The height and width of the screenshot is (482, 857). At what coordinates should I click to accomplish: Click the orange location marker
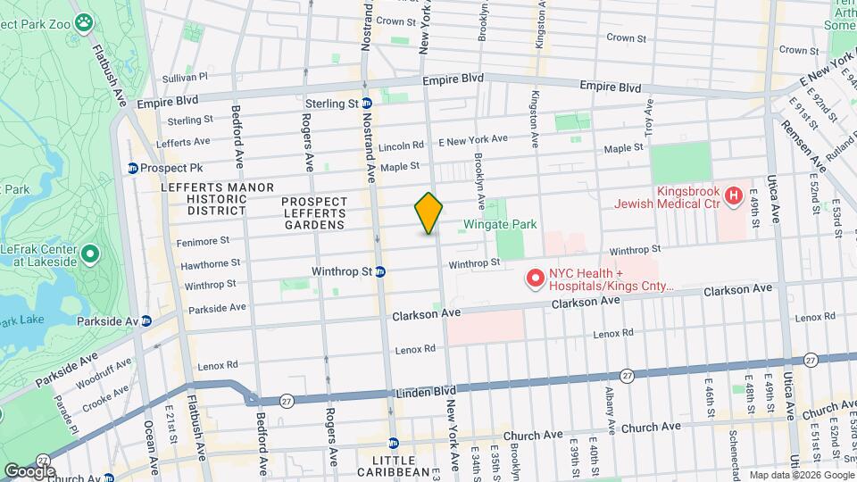click(428, 213)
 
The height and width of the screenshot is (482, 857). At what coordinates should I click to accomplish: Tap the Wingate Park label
click(500, 224)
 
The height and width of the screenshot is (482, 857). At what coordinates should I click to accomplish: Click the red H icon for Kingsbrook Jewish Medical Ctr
click(733, 195)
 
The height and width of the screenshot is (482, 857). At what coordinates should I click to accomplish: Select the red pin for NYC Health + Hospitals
click(536, 279)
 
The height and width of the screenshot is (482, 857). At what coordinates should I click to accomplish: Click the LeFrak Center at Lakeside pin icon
click(89, 256)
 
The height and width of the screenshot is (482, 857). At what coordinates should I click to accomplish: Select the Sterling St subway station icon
click(366, 104)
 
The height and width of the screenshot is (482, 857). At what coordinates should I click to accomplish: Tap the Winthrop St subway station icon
click(379, 271)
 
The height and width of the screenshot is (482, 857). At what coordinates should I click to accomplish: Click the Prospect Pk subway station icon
click(133, 168)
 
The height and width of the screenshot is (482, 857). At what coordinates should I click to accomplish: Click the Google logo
click(29, 470)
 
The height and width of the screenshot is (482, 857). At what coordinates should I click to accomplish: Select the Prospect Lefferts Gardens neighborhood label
click(312, 212)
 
